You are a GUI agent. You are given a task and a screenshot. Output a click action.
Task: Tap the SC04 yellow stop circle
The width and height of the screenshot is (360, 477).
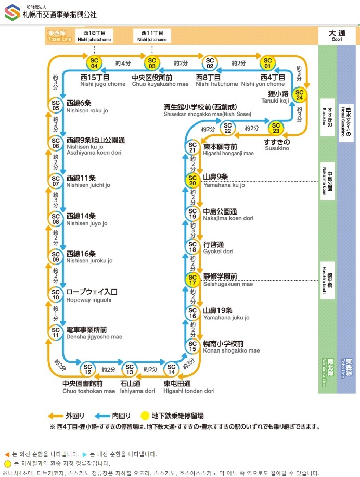coord(94,64)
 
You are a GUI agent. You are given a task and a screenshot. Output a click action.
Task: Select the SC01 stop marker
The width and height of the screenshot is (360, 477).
coord(267,64)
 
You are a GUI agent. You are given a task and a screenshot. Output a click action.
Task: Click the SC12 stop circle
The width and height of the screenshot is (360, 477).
coord(88,369)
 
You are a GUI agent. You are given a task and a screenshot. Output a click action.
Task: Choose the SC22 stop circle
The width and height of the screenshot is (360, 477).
coord(227,127)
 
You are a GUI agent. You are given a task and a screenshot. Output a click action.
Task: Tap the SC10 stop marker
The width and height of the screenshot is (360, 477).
coord(56,294)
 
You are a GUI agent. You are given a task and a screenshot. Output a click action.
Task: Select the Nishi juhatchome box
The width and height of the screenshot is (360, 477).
coord(94,36)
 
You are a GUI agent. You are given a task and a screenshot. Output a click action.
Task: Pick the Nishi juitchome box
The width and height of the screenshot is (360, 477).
coord(152,36)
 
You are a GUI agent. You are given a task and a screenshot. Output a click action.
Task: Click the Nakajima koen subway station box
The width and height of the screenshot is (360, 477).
coord(327,181)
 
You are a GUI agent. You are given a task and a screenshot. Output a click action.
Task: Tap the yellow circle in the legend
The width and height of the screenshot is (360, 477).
coord(145,416)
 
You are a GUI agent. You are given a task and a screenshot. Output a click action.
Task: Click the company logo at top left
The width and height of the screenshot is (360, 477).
coord(12,12)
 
